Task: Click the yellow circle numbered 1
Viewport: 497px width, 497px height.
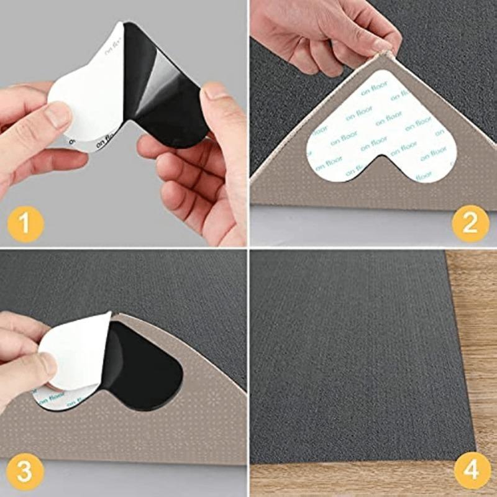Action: [x=24, y=223]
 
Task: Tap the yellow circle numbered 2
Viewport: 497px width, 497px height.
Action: [x=473, y=223]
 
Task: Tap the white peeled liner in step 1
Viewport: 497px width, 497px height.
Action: [x=87, y=93]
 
